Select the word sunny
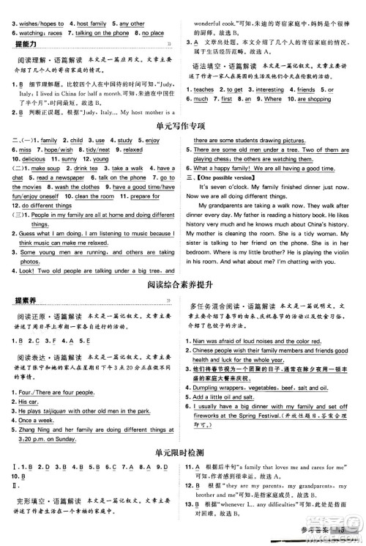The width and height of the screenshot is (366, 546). click(70, 158)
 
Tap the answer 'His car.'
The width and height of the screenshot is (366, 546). click(29, 402)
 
